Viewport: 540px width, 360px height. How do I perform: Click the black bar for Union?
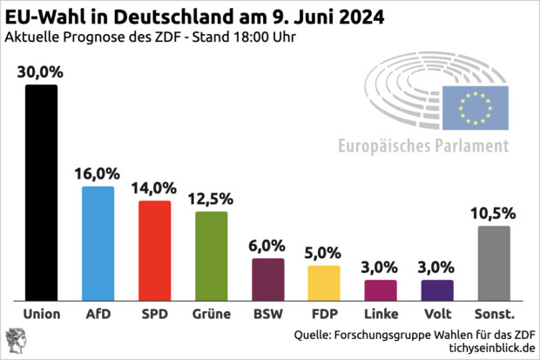[x=41, y=192]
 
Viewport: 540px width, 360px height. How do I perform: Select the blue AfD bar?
[x=98, y=242]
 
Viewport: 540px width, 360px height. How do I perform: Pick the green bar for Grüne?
[x=211, y=255]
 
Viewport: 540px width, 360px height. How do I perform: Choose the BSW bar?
[x=267, y=278]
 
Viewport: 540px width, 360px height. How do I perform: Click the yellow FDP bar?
[x=324, y=282]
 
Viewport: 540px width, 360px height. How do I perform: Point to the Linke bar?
[x=381, y=289]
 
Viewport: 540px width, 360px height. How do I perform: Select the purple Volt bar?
[x=437, y=289]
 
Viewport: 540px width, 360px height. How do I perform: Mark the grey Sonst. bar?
[x=494, y=262]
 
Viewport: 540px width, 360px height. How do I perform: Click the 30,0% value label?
[x=41, y=73]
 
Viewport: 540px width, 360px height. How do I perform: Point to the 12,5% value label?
[x=211, y=200]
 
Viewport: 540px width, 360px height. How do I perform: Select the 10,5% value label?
[x=494, y=214]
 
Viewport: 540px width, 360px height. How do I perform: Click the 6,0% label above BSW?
[x=267, y=247]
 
